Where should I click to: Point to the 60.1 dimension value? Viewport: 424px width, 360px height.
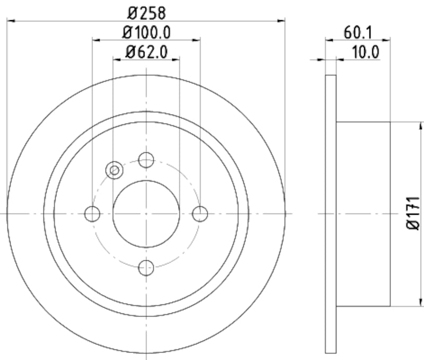coord(358,32)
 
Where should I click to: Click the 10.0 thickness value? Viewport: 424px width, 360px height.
coord(365,51)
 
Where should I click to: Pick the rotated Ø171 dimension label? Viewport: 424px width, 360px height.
coord(414,214)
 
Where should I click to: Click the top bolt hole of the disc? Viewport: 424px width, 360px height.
coord(146,159)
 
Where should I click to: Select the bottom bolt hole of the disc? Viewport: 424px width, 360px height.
coord(146,268)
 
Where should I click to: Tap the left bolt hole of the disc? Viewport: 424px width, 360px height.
coord(92,214)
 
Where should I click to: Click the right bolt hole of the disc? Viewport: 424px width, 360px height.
coord(200,214)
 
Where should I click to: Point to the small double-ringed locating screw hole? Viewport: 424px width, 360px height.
coord(114,170)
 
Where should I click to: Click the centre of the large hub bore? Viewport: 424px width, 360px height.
coord(146,214)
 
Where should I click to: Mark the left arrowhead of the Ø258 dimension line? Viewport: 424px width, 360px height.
coord(11,21)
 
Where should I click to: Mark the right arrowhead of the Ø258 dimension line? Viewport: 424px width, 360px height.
coord(281,21)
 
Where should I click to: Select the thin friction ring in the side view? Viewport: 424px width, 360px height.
coord(331,214)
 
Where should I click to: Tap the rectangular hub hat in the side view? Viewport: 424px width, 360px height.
coord(363,214)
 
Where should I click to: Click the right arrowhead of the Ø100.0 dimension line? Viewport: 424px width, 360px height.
coord(197,39)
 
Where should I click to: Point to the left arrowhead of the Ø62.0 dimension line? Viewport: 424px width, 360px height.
coord(117,59)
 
